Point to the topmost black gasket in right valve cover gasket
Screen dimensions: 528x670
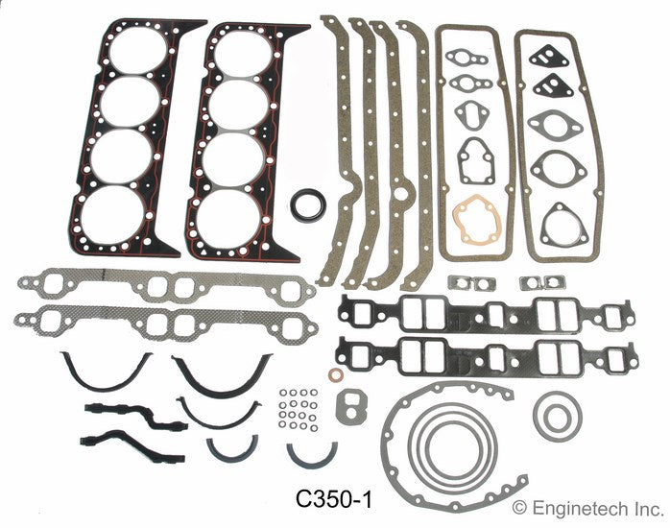551,61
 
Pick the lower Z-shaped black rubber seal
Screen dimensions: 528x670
119,452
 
